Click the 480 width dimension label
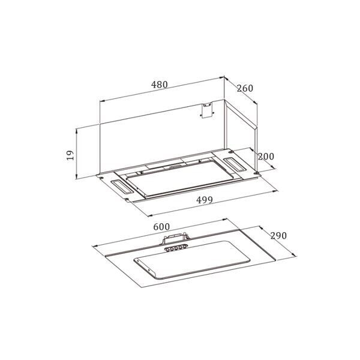(160, 85)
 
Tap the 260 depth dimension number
(245, 88)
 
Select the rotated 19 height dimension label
(70, 155)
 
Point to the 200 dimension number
(266, 157)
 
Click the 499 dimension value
(205, 200)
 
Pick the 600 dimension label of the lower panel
(161, 227)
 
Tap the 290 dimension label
(278, 236)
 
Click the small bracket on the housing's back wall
(207, 110)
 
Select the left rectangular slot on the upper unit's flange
(122, 187)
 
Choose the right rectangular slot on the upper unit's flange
(235, 164)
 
